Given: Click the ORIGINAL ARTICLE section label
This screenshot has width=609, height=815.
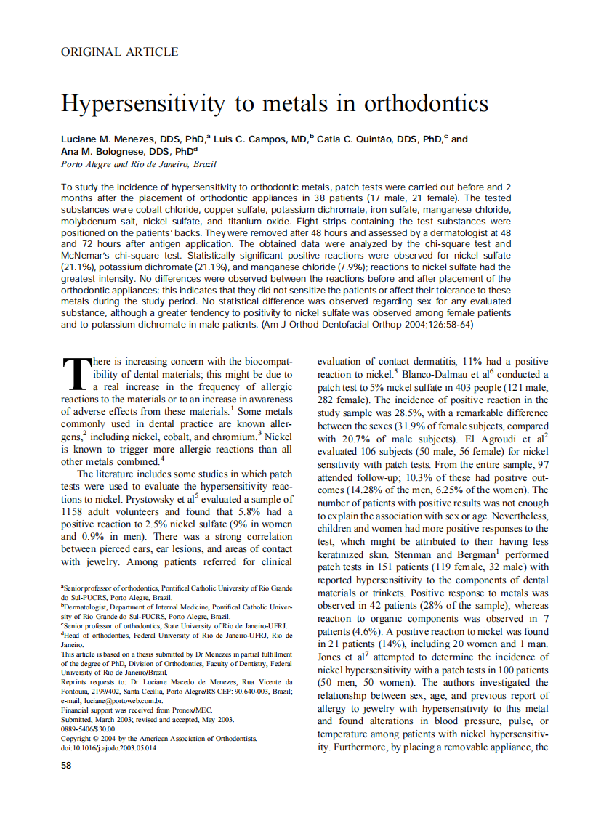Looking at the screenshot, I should pyautogui.click(x=119, y=52).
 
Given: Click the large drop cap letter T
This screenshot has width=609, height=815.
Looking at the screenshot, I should pyautogui.click(x=76, y=374).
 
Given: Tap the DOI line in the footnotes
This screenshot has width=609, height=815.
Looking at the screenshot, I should pyautogui.click(x=108, y=748).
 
